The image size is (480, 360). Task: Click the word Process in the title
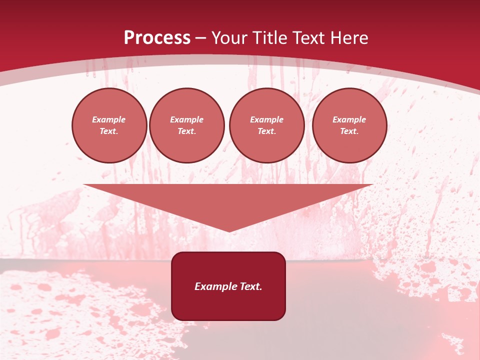point(157,38)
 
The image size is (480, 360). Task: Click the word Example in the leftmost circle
point(109,120)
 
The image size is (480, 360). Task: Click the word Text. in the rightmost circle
point(349,131)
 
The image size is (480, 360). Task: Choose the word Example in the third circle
point(266,120)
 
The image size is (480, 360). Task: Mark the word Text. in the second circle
point(186,131)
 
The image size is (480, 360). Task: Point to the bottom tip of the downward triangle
point(229,231)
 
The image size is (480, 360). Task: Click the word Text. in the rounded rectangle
point(251,286)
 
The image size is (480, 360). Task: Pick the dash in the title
point(201,38)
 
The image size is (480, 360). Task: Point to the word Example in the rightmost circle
point(349,120)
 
